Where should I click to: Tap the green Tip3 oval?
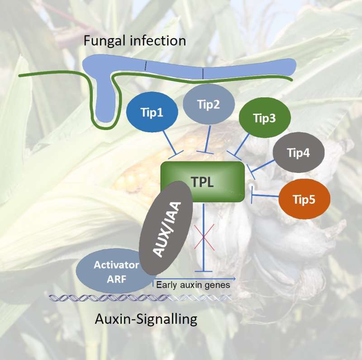tap(265, 119)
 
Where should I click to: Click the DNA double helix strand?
tap(140, 298)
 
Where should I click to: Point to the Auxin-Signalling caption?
tap(146, 319)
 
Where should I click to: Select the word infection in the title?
tap(161, 41)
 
